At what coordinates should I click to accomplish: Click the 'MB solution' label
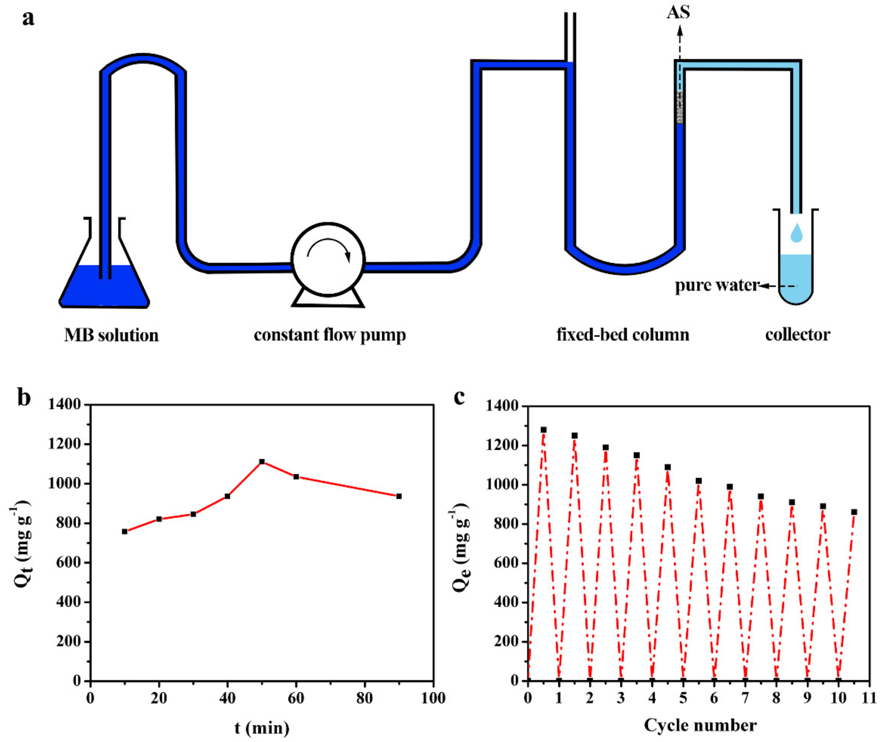111,335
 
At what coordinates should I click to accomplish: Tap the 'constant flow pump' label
330,335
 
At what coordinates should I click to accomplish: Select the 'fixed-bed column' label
623,335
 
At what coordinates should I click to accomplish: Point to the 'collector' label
797,335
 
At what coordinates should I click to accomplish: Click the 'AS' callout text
678,13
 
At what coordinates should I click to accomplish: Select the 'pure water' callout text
717,286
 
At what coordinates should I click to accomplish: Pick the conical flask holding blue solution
104,278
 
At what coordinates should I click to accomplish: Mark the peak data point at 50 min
262,461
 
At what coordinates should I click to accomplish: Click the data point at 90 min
399,496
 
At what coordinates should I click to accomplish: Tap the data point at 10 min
125,531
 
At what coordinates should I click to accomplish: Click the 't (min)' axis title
262,727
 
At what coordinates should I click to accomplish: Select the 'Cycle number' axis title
700,725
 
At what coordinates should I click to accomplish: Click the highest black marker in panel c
543,430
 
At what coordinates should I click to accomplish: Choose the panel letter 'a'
28,19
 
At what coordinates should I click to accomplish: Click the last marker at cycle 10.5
854,512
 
